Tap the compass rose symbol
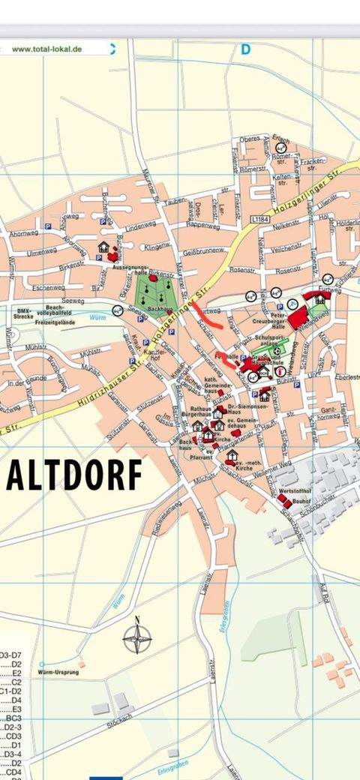point(137,638)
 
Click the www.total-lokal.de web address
point(47,49)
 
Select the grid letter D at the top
point(245,49)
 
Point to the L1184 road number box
point(259,218)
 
